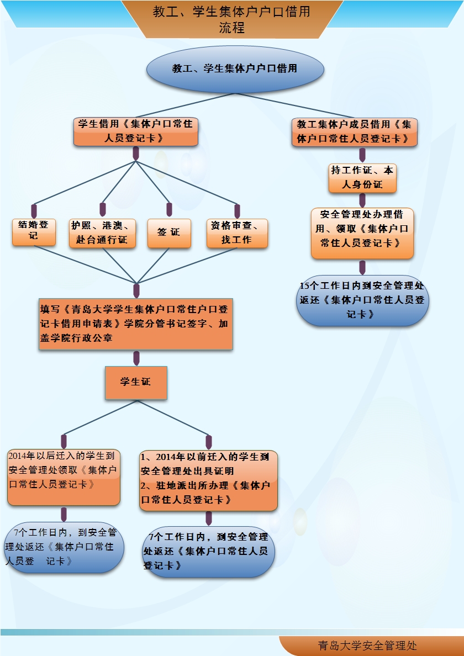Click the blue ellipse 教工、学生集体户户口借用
coord(235,69)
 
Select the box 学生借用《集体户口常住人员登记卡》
coord(135,131)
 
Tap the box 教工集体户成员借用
coord(354,132)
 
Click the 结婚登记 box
coord(34,232)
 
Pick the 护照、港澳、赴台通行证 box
coord(102,232)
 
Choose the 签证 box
coord(169,232)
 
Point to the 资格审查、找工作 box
coord(237,232)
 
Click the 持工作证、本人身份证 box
coord(362,178)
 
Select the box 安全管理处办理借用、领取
coord(362,233)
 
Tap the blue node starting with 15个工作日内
coord(362,300)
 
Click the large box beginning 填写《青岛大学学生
coord(135,324)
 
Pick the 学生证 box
coord(136,382)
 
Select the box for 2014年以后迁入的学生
coord(64,477)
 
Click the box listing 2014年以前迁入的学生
coord(208,479)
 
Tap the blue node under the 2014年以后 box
coord(64,547)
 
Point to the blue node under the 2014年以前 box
coord(209,552)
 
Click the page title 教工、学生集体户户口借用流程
coord(231,19)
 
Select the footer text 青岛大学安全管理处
coord(367,646)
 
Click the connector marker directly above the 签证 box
coord(169,209)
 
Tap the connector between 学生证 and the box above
coord(136,358)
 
